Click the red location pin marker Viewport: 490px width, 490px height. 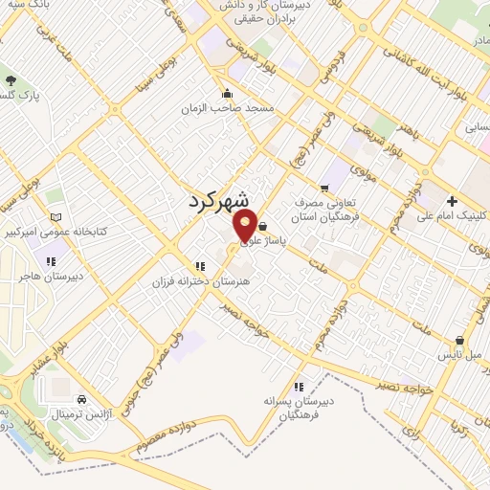pos(245,227)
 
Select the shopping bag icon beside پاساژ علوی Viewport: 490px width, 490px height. pos(263,227)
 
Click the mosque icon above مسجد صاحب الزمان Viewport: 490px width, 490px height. pos(227,94)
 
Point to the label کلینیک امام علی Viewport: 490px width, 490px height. pos(453,215)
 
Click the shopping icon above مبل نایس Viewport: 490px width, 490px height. pos(459,340)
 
